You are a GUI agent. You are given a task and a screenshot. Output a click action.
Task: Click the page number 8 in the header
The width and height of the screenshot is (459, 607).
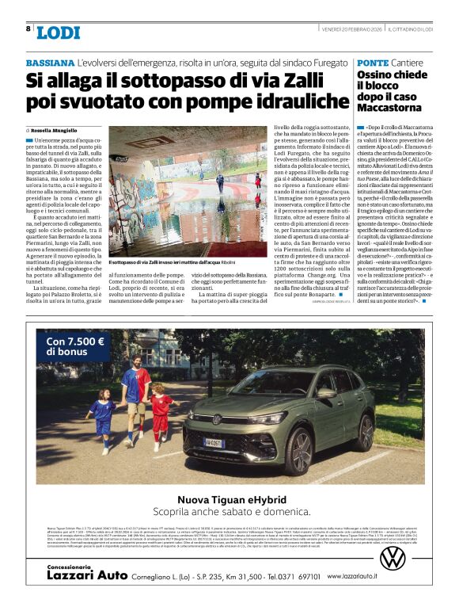28,29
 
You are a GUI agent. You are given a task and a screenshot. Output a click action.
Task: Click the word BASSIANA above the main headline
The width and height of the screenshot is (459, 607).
50,62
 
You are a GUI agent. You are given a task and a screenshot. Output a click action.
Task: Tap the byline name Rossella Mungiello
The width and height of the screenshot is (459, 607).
63,129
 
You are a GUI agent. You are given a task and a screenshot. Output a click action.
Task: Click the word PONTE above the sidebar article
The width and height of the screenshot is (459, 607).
373,62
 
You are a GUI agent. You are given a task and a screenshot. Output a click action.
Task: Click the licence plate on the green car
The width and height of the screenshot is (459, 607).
214,442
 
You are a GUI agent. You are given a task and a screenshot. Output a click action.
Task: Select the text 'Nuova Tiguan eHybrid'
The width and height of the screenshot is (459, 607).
229,499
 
